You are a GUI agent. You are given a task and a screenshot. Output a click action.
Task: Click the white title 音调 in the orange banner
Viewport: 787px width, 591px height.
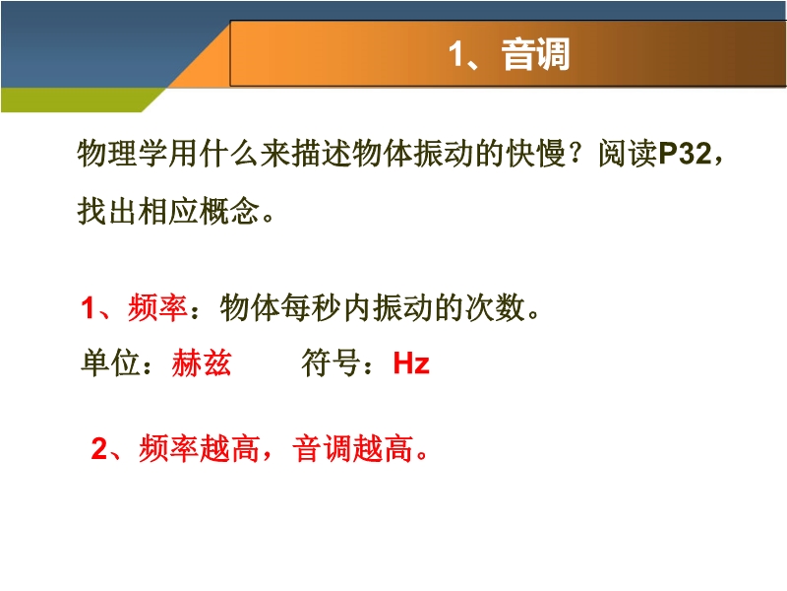tap(535, 54)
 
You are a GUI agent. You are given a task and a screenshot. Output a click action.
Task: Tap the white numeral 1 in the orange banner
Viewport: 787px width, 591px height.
tap(456, 54)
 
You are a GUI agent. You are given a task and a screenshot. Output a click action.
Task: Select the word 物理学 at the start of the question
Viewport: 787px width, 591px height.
tap(122, 153)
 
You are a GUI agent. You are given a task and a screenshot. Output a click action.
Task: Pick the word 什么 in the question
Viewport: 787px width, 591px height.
tap(229, 153)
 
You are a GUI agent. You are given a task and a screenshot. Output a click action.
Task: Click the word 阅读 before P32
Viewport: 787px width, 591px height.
tap(628, 153)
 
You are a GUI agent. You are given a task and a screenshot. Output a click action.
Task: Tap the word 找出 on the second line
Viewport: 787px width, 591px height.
tap(107, 210)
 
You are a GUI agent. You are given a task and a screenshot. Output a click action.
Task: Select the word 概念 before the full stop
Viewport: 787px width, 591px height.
tap(229, 210)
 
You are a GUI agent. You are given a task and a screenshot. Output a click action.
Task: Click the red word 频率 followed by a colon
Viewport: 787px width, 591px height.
tap(157, 307)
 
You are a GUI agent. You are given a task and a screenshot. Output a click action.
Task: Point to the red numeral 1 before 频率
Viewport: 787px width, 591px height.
tap(88, 307)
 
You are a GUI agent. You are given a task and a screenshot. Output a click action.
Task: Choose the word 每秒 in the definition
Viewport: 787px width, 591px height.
tap(311, 307)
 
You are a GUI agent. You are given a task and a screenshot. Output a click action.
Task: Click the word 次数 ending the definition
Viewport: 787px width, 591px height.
tap(495, 307)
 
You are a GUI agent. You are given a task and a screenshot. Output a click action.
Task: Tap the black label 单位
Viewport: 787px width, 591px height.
tap(110, 362)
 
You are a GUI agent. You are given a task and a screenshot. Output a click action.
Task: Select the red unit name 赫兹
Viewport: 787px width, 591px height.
tap(202, 362)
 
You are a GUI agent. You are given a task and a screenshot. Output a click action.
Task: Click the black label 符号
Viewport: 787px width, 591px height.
tap(331, 362)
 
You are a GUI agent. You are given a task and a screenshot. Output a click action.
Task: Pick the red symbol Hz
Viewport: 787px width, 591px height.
tap(411, 362)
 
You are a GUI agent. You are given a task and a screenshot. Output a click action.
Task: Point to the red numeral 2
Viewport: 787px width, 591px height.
tap(99, 448)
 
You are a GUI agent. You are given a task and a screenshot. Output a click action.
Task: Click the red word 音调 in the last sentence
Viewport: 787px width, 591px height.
tap(323, 448)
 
